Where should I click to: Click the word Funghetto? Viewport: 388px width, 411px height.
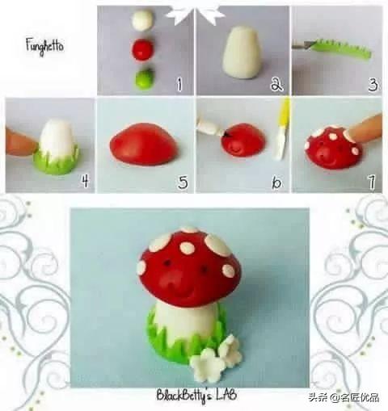click(x=44, y=46)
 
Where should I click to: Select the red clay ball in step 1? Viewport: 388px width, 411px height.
click(x=143, y=49)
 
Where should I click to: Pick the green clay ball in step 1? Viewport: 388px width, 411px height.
click(x=145, y=78)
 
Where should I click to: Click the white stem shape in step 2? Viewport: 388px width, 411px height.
click(x=242, y=52)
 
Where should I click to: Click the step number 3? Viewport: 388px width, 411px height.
click(x=373, y=84)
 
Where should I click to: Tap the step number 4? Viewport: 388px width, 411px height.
click(x=85, y=181)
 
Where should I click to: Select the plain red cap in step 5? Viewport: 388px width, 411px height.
click(x=144, y=144)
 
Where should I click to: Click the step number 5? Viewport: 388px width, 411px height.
click(x=183, y=182)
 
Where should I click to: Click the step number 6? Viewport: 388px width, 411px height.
click(x=276, y=182)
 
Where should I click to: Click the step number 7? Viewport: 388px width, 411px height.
click(x=372, y=182)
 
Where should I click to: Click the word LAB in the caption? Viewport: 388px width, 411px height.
click(x=226, y=395)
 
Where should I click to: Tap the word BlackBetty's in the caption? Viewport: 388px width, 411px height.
click(x=185, y=396)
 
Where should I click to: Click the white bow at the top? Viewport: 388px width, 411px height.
click(x=195, y=14)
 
